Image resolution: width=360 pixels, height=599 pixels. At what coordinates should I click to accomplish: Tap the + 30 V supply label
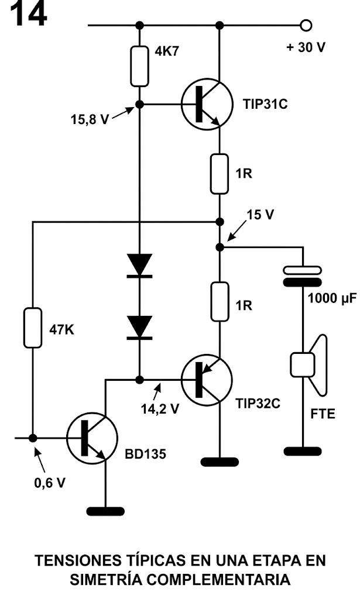point(306,47)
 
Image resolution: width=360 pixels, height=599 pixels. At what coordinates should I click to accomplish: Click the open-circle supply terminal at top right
point(305,26)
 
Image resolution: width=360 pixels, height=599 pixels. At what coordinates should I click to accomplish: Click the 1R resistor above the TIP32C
point(220,302)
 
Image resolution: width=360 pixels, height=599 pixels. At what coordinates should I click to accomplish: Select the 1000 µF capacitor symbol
point(303,277)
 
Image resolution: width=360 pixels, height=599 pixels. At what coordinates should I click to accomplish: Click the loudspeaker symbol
point(308,366)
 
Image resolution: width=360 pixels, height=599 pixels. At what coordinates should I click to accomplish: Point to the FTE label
point(323,414)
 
